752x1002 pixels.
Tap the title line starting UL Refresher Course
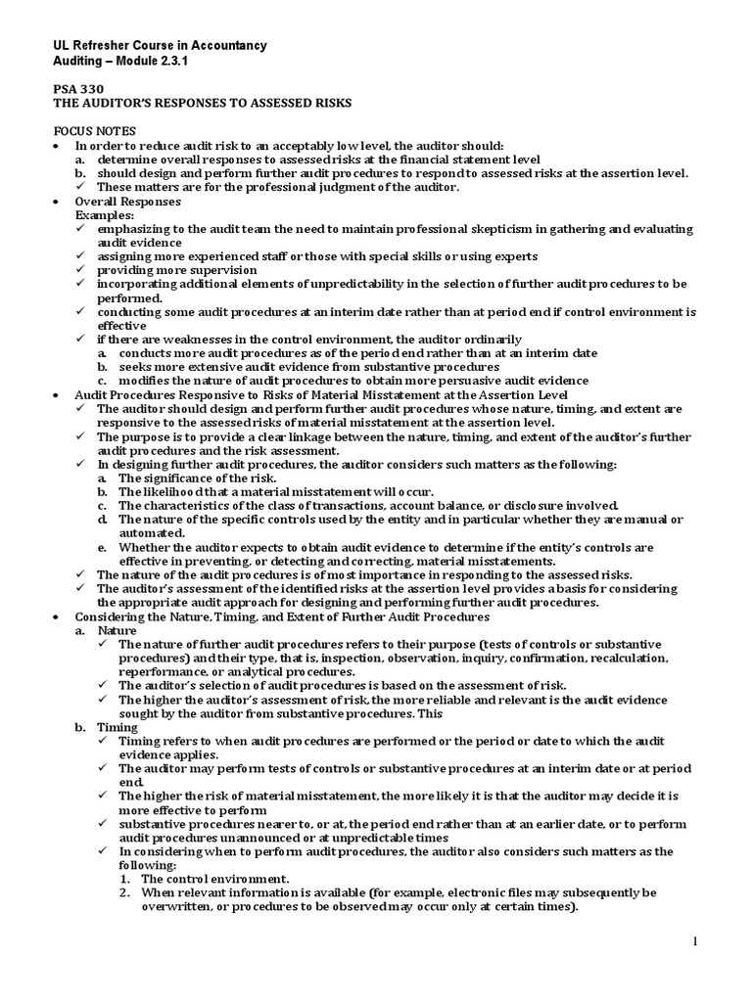[160, 46]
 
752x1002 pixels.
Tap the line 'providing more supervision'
[176, 270]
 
